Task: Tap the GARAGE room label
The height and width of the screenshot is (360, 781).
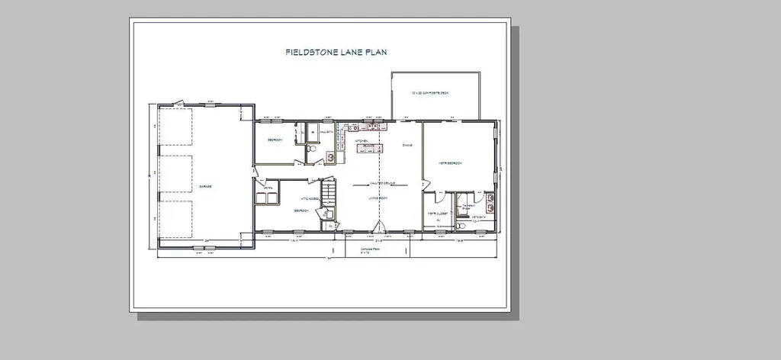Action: pyautogui.click(x=205, y=186)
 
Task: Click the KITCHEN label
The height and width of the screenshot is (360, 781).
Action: pyautogui.click(x=362, y=141)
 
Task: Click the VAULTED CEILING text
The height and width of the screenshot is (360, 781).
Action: pyautogui.click(x=374, y=183)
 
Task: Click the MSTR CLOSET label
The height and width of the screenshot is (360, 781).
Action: pyautogui.click(x=436, y=214)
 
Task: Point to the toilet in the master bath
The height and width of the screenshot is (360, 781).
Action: pyautogui.click(x=462, y=225)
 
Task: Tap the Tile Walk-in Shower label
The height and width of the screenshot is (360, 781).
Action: pyautogui.click(x=467, y=206)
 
